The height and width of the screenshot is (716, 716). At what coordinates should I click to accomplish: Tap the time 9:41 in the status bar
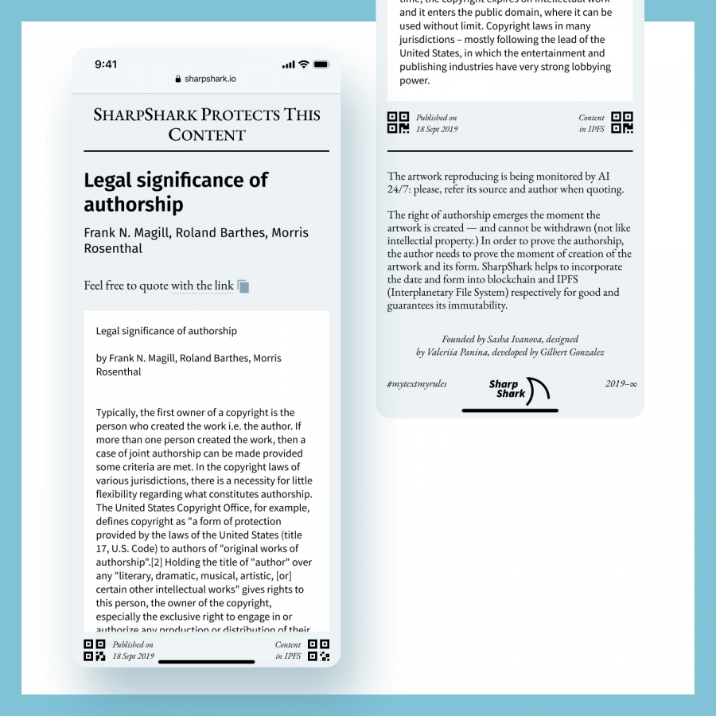[x=106, y=64]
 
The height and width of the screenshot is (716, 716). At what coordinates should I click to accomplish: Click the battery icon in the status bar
[x=321, y=64]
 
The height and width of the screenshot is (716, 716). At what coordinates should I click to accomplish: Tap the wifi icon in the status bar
[x=304, y=64]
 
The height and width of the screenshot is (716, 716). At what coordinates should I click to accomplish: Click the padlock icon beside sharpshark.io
[x=178, y=80]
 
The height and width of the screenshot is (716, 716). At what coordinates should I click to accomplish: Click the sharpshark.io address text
[x=210, y=80]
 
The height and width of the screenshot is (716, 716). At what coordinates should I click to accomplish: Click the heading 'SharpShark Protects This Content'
[x=207, y=124]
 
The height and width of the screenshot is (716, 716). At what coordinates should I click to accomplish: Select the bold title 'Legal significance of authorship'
[x=176, y=192]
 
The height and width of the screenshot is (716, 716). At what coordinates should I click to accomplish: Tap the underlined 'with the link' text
[x=202, y=286]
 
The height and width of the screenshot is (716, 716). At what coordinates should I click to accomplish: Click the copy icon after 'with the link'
[x=243, y=286]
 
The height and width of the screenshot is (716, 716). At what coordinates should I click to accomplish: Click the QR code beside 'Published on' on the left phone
[x=95, y=650]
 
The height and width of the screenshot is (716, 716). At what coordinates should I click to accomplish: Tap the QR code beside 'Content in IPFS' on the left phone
[x=318, y=650]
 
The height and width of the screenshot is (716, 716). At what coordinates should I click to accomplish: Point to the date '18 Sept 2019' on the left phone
[x=134, y=656]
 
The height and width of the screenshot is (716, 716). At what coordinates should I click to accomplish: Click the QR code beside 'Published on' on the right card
[x=398, y=123]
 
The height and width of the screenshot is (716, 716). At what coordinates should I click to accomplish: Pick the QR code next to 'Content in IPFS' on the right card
[x=622, y=123]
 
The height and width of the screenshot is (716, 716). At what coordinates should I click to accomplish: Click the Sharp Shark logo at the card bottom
[x=518, y=389]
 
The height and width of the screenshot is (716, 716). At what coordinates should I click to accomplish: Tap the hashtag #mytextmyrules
[x=417, y=383]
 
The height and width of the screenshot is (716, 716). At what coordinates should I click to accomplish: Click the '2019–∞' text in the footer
[x=621, y=383]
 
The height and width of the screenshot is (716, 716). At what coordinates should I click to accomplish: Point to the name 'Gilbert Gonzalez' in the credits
[x=572, y=352]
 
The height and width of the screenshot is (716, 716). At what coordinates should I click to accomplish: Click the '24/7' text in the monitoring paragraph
[x=400, y=189]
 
